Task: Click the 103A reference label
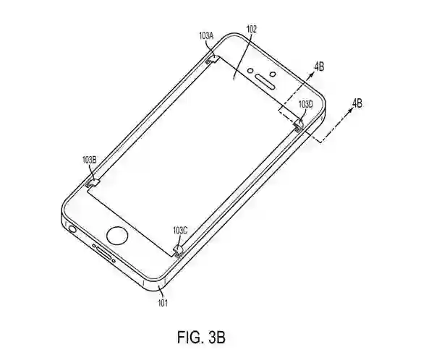point(207,35)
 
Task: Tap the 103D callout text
point(305,105)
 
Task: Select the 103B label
point(89,159)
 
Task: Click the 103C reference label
point(180,230)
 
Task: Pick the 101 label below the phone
point(163,303)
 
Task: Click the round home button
point(116,235)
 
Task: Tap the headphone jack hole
point(72,230)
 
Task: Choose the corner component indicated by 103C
point(178,250)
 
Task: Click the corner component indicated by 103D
point(298,126)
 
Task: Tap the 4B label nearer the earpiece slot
point(318,66)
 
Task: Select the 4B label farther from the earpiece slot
point(357,103)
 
